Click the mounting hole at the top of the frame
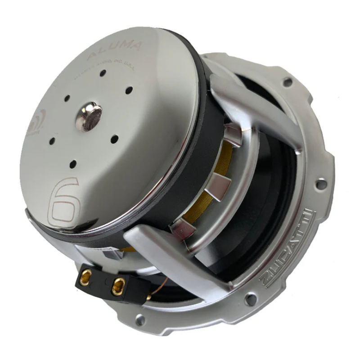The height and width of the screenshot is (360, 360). coord(287,82)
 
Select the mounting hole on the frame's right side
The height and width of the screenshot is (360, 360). coord(321,184)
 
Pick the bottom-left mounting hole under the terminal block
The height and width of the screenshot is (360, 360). coord(140,320)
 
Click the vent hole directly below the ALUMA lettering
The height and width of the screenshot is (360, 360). coord(103,72)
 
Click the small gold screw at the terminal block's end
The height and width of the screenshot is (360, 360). coord(148,298)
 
